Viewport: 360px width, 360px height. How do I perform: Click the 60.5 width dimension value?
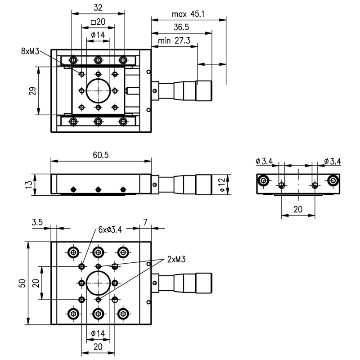(101, 155)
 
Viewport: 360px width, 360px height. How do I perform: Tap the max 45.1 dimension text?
(188, 14)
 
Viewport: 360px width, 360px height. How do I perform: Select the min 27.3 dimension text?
(174, 41)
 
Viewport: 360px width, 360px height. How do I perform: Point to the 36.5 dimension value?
(180, 27)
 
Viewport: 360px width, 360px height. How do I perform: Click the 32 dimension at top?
(97, 8)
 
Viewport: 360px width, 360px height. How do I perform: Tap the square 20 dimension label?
(97, 22)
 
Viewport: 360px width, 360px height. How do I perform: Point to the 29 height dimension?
(32, 91)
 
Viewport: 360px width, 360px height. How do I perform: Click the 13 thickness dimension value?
(29, 184)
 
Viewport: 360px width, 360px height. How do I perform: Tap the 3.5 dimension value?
(37, 222)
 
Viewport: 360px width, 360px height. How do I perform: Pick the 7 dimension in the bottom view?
(145, 222)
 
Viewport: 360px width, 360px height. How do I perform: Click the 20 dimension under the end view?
(298, 209)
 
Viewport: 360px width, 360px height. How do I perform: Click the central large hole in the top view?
(98, 91)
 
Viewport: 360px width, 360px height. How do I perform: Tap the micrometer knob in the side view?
(204, 184)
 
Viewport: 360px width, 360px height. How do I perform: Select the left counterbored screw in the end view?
(264, 181)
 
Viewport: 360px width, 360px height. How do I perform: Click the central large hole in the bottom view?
(98, 283)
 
